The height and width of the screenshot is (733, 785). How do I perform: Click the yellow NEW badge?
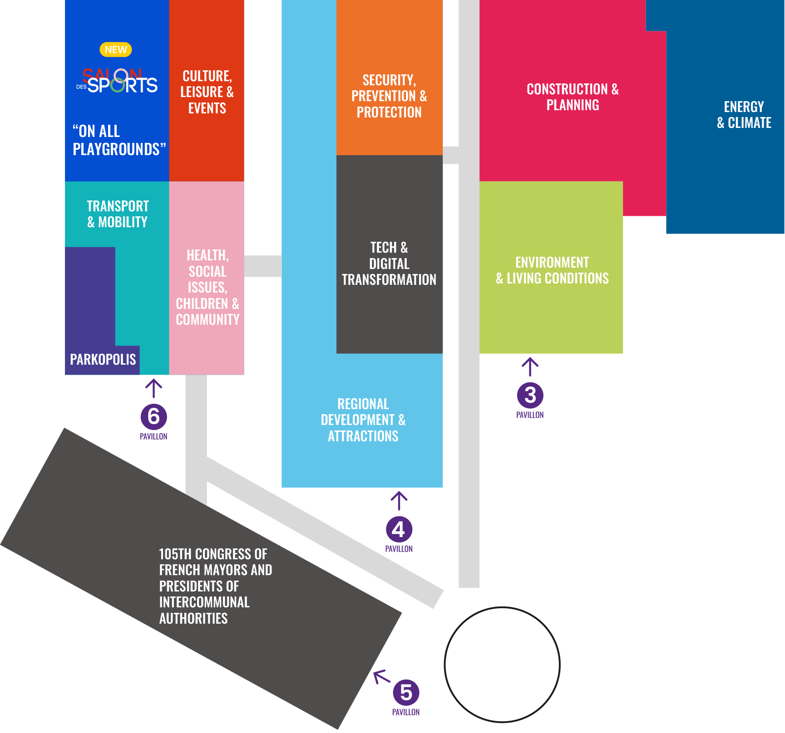click(x=116, y=49)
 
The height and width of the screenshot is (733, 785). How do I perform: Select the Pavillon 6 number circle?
click(x=153, y=416)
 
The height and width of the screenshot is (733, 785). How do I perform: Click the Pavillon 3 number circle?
click(x=530, y=395)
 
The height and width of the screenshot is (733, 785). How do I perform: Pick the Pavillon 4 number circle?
click(x=399, y=529)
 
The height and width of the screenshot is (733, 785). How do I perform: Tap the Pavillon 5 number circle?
click(x=406, y=692)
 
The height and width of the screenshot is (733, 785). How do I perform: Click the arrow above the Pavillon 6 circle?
click(x=153, y=388)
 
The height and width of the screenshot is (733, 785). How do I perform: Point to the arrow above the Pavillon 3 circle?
click(x=530, y=367)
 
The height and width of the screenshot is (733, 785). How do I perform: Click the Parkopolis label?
click(x=103, y=360)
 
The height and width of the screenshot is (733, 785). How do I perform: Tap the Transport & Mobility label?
click(x=118, y=214)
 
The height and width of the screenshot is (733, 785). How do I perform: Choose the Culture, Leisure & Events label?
click(x=207, y=92)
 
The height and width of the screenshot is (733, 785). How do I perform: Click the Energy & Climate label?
click(x=744, y=115)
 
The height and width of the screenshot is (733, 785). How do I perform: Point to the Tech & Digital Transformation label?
click(x=389, y=264)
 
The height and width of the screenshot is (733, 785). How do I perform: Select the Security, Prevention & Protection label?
click(x=389, y=96)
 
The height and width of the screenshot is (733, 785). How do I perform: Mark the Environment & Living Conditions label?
click(x=552, y=270)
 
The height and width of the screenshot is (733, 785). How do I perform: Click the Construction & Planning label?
click(x=573, y=97)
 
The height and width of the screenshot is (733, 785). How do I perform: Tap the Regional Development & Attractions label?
click(x=363, y=420)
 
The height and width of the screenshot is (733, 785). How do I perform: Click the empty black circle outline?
click(x=502, y=665)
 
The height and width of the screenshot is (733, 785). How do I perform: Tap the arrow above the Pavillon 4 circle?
click(x=399, y=501)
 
